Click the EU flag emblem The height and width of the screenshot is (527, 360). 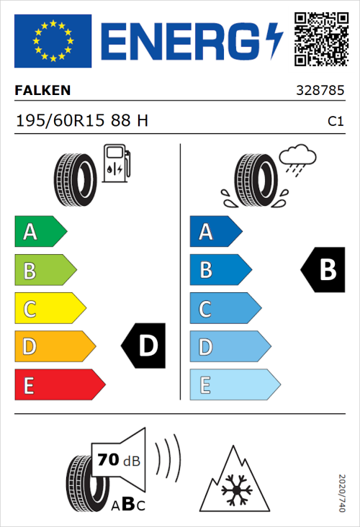click(53, 40)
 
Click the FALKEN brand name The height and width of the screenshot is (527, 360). click(42, 91)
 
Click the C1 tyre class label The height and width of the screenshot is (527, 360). click(335, 122)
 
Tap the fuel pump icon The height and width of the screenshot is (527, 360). click(115, 163)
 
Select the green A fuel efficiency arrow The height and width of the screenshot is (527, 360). click(40, 232)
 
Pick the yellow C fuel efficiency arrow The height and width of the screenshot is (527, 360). click(49, 309)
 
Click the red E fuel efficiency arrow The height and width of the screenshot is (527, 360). click(59, 385)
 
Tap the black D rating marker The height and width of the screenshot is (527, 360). click(143, 346)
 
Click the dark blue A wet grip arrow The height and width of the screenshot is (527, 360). click(215, 232)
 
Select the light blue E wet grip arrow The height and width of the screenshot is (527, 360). click(234, 385)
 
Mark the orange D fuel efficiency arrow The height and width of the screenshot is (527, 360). click(54, 347)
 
